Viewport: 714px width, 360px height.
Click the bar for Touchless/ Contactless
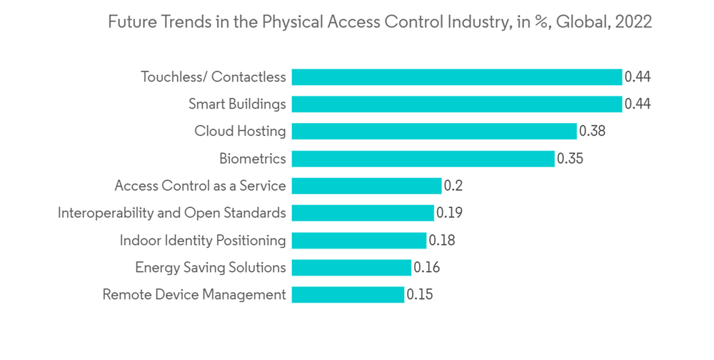pyautogui.click(x=457, y=77)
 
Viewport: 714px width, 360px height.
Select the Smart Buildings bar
pyautogui.click(x=457, y=104)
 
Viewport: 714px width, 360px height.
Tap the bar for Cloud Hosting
pyautogui.click(x=434, y=131)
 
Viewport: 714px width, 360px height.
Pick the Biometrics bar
pyautogui.click(x=423, y=159)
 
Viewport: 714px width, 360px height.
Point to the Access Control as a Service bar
pyautogui.click(x=366, y=186)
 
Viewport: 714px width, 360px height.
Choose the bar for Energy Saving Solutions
pyautogui.click(x=351, y=267)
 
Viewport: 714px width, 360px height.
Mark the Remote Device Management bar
pyautogui.click(x=348, y=294)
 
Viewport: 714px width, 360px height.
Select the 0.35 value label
pyautogui.click(x=570, y=159)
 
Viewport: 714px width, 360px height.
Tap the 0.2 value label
pyautogui.click(x=453, y=186)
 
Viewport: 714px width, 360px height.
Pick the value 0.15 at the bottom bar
pyautogui.click(x=420, y=294)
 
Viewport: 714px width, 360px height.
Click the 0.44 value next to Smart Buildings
pyautogui.click(x=638, y=104)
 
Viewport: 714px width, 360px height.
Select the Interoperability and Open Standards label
pyautogui.click(x=171, y=213)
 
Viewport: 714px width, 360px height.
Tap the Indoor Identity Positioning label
pyautogui.click(x=202, y=240)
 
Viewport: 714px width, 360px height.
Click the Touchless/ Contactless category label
pyautogui.click(x=213, y=77)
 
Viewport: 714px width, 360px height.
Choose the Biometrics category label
pyautogui.click(x=253, y=159)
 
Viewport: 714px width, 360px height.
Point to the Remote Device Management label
pyautogui.click(x=194, y=294)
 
